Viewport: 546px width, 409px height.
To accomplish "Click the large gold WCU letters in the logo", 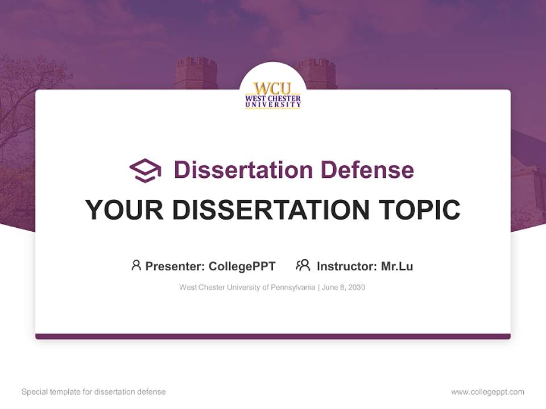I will point(272,88).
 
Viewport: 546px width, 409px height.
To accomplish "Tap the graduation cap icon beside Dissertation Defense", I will point(145,170).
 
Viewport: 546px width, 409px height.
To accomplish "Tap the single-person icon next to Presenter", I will point(136,265).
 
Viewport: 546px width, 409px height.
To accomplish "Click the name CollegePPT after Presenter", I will point(242,266).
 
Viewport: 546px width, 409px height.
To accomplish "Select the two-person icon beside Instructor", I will point(303,265).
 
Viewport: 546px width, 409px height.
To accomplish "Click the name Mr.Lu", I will point(397,266).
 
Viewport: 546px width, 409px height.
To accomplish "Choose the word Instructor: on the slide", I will point(346,266).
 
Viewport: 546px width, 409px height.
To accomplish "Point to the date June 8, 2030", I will point(344,287).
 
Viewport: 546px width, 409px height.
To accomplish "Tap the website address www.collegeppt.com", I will point(487,392).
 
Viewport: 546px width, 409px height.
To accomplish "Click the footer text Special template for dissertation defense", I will point(93,392).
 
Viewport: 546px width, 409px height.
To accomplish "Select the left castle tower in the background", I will point(196,73).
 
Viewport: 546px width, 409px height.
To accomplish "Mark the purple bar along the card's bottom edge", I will point(272,336).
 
